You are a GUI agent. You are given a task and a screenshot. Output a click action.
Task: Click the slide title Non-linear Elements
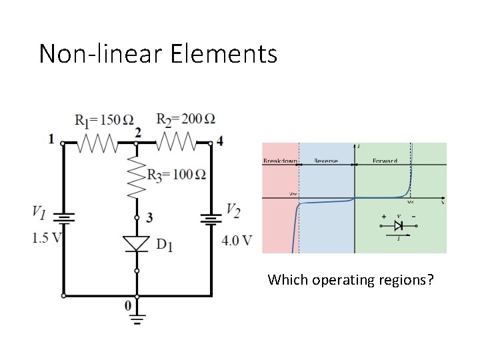(158, 53)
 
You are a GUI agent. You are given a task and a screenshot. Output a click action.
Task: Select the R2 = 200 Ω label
(186, 119)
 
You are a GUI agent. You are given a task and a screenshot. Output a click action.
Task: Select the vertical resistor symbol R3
(137, 177)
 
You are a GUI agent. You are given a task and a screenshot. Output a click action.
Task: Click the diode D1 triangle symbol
(137, 243)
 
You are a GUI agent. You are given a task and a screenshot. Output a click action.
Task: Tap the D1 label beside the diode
(165, 245)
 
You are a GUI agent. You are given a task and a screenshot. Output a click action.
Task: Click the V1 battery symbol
(64, 218)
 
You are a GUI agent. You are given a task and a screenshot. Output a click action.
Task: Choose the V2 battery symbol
(211, 218)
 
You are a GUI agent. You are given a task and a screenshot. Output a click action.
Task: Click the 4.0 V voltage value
(237, 240)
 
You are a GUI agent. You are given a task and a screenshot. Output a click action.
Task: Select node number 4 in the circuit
(220, 141)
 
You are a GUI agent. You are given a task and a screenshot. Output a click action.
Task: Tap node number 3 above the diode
(149, 217)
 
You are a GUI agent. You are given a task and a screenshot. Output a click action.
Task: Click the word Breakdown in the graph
(280, 161)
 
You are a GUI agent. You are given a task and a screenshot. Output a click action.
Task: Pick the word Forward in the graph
(384, 161)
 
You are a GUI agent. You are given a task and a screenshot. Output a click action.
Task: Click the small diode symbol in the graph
(398, 226)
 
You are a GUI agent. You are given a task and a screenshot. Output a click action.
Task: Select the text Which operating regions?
(350, 279)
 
